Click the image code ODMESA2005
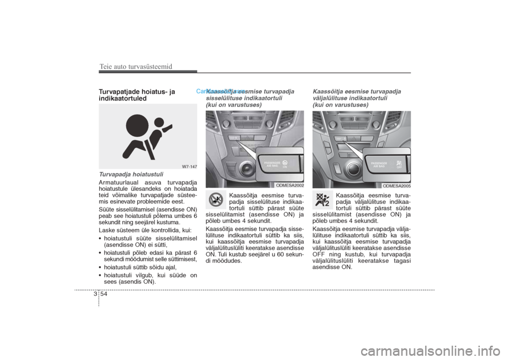(397, 185)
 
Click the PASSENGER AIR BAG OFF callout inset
(387, 163)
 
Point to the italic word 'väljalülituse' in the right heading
(331, 98)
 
